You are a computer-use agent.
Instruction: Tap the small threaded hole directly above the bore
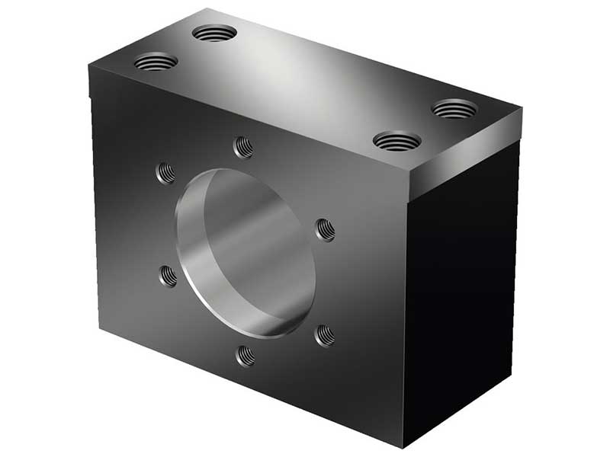pyautogui.click(x=243, y=146)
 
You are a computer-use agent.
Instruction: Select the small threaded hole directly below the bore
pyautogui.click(x=246, y=355)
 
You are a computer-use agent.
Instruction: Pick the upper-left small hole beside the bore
pyautogui.click(x=165, y=173)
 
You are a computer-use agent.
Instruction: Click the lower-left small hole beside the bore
pyautogui.click(x=168, y=276)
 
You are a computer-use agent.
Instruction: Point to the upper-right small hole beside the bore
pyautogui.click(x=326, y=229)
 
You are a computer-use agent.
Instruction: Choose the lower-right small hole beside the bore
pyautogui.click(x=325, y=334)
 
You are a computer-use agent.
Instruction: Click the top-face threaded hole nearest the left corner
pyautogui.click(x=156, y=62)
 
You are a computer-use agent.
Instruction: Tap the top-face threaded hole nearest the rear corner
pyautogui.click(x=214, y=34)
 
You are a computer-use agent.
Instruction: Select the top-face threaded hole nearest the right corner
pyautogui.click(x=454, y=109)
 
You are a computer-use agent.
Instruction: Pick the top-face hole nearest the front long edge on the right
pyautogui.click(x=397, y=141)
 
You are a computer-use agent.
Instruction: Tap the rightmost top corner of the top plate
pyautogui.click(x=522, y=108)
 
